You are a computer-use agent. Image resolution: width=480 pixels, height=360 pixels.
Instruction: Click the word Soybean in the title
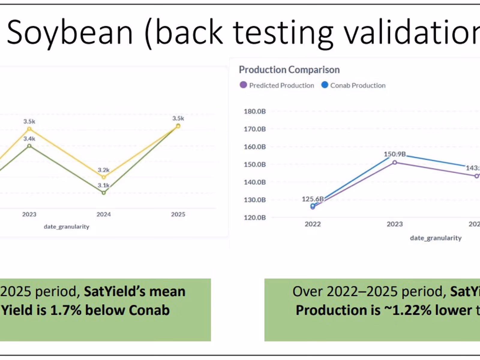(70, 32)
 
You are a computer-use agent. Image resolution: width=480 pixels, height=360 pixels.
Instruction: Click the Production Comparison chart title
(289, 70)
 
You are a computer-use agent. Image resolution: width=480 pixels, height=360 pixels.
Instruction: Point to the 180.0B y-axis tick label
(255, 111)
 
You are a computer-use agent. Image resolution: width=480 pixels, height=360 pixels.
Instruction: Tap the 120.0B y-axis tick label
(255, 217)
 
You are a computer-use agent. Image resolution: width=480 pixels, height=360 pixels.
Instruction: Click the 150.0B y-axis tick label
(255, 164)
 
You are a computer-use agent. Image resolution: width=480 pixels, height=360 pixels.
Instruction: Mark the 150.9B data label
(394, 154)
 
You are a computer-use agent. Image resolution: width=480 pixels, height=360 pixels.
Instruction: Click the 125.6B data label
(313, 199)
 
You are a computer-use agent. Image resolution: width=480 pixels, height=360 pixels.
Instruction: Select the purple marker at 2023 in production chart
(395, 162)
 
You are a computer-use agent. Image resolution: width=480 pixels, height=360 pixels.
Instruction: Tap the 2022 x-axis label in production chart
(313, 224)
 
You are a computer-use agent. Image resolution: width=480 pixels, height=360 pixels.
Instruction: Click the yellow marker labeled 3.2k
(104, 177)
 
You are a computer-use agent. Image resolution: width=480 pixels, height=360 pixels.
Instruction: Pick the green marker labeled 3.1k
(104, 193)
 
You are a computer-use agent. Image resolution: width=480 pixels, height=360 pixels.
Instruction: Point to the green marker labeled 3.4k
(29, 146)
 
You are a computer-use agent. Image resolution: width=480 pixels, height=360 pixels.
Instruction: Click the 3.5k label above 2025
(178, 118)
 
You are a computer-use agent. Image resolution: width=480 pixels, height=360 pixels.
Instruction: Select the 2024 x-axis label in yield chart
(103, 214)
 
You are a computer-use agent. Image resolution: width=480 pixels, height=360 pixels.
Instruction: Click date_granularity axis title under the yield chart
(67, 226)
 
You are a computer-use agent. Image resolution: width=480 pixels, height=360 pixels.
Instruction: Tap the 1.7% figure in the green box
(66, 310)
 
